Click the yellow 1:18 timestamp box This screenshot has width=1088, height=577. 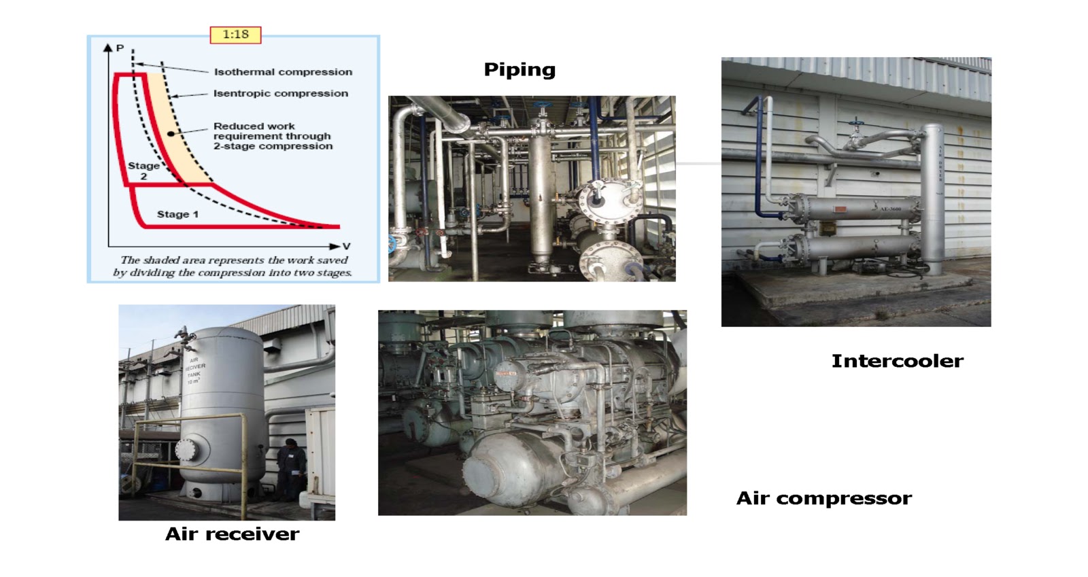[x=235, y=34]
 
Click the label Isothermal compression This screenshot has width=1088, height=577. [x=283, y=71]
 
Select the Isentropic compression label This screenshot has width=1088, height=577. [x=280, y=93]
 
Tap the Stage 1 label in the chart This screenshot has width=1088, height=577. [x=177, y=214]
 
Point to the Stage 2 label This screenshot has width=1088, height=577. [x=143, y=171]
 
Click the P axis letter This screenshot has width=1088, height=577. [x=120, y=48]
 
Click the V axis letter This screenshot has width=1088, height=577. [x=346, y=246]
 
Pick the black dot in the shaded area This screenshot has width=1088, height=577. [x=171, y=134]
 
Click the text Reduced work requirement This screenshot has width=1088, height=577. [x=272, y=136]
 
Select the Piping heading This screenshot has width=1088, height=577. [x=520, y=69]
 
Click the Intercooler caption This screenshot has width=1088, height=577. [x=897, y=361]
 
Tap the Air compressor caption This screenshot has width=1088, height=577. [x=823, y=498]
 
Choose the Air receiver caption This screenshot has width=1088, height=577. [x=232, y=534]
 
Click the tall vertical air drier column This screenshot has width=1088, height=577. [x=932, y=197]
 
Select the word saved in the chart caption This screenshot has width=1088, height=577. [x=332, y=260]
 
